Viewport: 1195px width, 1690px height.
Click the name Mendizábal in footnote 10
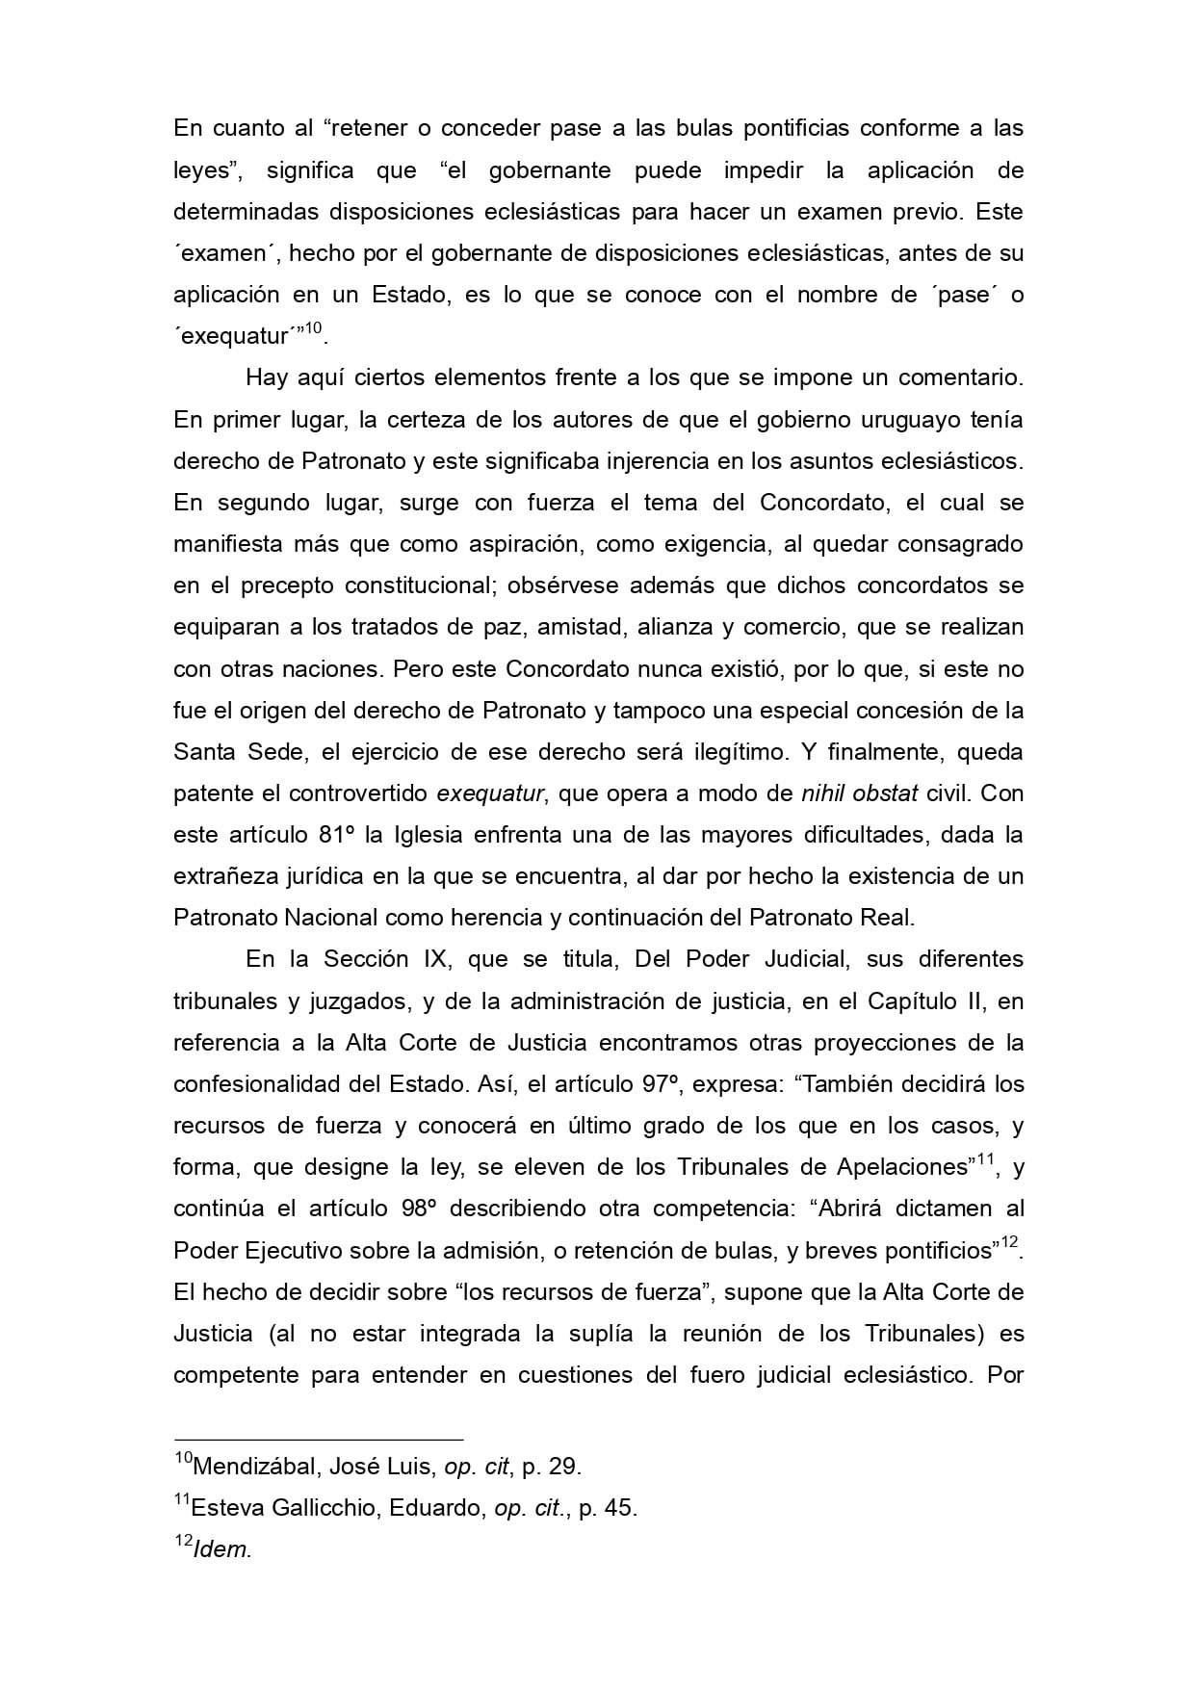coord(253,1467)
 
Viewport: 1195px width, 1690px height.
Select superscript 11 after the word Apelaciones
coord(984,1159)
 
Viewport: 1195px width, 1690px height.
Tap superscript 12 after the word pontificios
coord(1009,1242)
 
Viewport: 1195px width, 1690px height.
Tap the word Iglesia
coord(428,835)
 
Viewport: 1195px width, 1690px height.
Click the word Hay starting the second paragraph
coord(266,378)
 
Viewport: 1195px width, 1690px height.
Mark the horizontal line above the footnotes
coord(318,1439)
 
